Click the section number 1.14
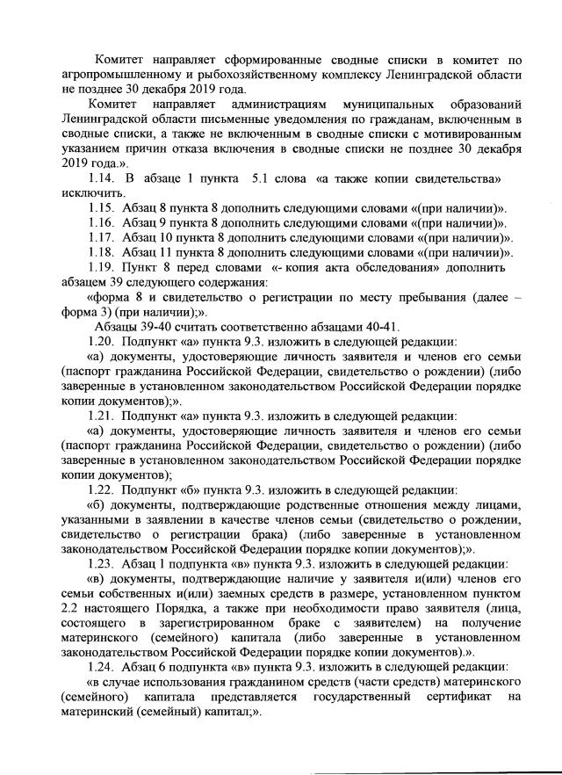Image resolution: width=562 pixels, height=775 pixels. click(104, 179)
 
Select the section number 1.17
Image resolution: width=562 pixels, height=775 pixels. click(104, 237)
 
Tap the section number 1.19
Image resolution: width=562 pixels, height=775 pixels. click(104, 267)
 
